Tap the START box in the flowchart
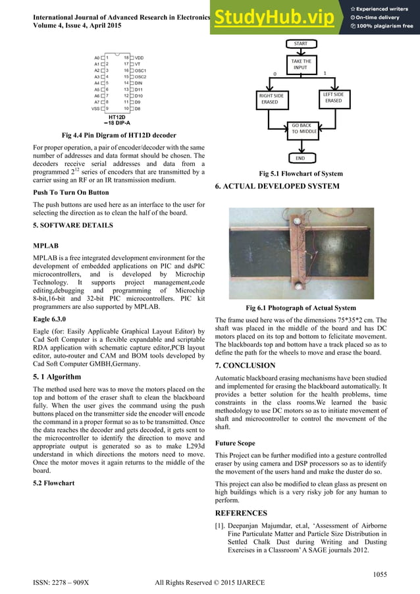point(300,43)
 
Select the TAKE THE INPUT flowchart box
point(300,65)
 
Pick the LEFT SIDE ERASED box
point(333,98)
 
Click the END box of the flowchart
point(300,158)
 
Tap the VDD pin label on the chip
point(140,58)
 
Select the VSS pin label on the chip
point(96,108)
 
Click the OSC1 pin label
point(141,70)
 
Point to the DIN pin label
point(139,83)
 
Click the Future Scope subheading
point(238,443)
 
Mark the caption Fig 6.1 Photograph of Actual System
point(300,308)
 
